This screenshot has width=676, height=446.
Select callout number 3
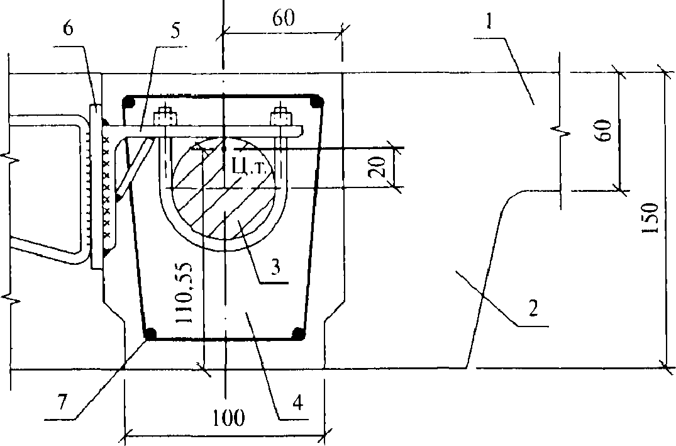[x=275, y=267]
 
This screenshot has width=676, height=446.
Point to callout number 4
[x=297, y=403]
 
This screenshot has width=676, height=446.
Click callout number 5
[x=175, y=31]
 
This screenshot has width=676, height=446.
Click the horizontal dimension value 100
[x=229, y=417]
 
